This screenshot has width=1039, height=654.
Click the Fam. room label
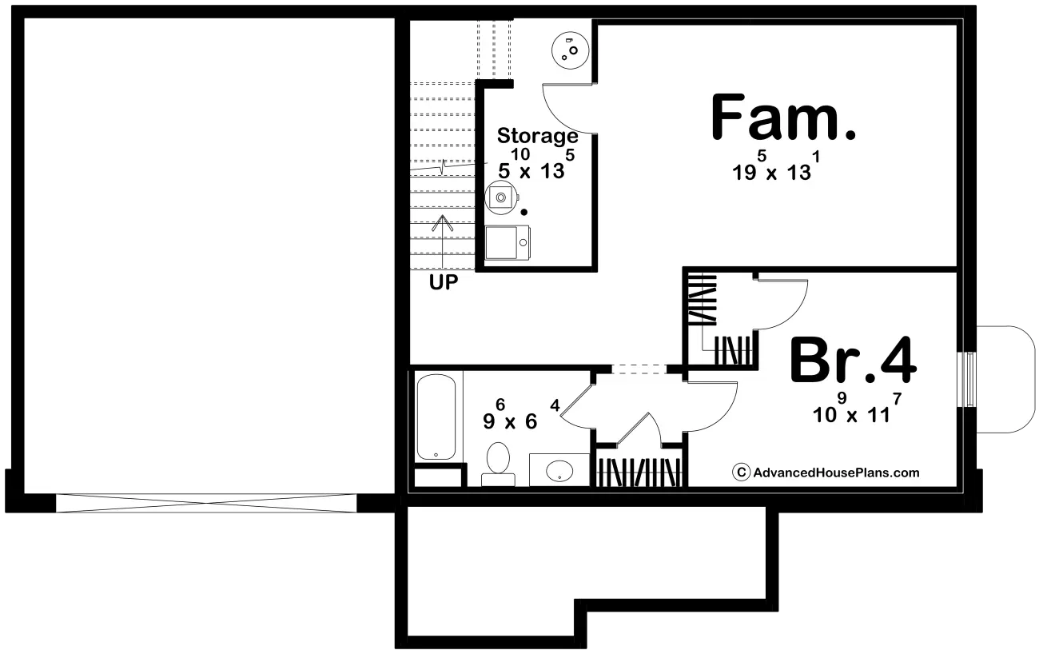click(x=783, y=118)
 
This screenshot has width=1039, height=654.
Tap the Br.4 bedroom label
click(x=854, y=361)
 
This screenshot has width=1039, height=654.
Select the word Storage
click(x=538, y=136)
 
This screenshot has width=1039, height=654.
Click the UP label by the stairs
click(x=444, y=281)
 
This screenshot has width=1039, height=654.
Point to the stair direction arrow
click(x=443, y=241)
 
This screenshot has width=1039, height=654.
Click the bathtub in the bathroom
click(x=436, y=417)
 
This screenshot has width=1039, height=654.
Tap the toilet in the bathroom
click(x=498, y=464)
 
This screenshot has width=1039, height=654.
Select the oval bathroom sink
click(x=559, y=471)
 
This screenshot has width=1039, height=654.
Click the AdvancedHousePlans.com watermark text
click(x=836, y=473)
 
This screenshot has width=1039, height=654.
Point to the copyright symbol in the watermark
click(x=741, y=473)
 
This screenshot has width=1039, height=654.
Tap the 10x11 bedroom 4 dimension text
click(x=857, y=408)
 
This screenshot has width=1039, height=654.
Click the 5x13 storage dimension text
click(x=536, y=163)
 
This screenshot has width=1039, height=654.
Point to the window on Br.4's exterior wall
click(x=968, y=380)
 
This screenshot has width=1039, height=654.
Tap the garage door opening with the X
click(x=206, y=503)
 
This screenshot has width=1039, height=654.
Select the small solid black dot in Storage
click(x=524, y=212)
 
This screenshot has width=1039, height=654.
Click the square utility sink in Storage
click(x=508, y=243)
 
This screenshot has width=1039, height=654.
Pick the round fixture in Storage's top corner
click(x=570, y=50)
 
